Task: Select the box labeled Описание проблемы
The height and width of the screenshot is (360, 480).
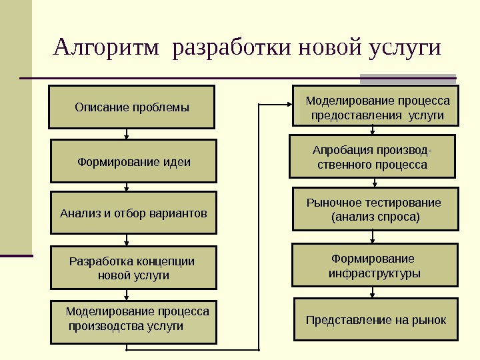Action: [x=131, y=107]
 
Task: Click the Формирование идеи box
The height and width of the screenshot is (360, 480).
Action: [x=134, y=161]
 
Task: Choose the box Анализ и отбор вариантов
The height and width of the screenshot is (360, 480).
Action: [x=134, y=213]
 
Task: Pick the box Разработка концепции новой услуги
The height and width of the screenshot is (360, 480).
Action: [x=134, y=268]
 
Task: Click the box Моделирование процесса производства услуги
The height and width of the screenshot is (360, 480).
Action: [x=134, y=321]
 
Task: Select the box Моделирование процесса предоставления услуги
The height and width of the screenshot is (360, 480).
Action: [x=377, y=107]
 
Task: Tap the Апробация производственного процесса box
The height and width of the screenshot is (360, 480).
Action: [x=372, y=157]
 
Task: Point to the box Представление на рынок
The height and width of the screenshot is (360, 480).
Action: [x=376, y=320]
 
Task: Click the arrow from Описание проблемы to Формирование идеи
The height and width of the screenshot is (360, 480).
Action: [x=127, y=134]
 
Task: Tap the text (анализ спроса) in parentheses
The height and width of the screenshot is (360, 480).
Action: [x=376, y=217]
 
